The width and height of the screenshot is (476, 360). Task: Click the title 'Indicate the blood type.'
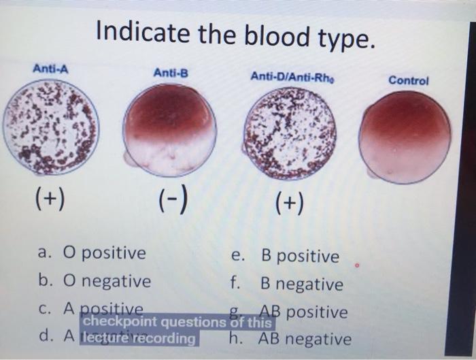(x=235, y=33)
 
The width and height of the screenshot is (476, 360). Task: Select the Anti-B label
(x=170, y=72)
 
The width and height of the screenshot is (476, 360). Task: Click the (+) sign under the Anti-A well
(x=48, y=199)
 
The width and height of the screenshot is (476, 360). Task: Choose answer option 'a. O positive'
(x=92, y=254)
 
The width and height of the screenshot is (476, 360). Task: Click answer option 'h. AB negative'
(x=292, y=338)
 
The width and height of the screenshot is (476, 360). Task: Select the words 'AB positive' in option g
(x=309, y=312)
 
